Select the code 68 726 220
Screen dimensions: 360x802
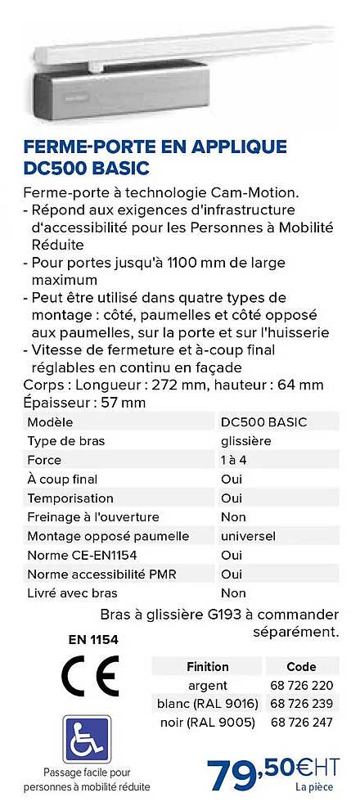[301, 685]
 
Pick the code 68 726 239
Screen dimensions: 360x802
[301, 704]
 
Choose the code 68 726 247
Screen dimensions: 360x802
[301, 723]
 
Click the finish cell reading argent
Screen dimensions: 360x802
[208, 685]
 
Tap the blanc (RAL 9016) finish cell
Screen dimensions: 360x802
[208, 704]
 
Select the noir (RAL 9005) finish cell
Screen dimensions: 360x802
[207, 723]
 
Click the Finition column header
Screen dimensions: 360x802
[208, 666]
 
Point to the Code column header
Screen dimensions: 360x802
[301, 666]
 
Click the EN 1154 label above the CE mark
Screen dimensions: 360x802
[88, 639]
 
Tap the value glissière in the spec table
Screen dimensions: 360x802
[246, 441]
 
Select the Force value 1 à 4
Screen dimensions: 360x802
[235, 460]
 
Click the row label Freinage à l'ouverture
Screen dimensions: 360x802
[93, 517]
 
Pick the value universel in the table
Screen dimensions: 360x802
[248, 536]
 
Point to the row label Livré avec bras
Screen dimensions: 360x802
[73, 592]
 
